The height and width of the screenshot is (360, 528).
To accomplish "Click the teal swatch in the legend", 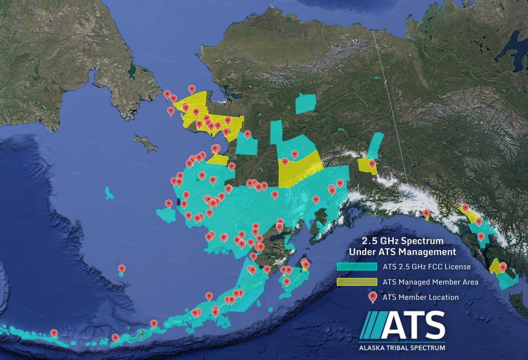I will pos(356,267).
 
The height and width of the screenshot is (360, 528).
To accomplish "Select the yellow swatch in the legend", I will pos(356,282).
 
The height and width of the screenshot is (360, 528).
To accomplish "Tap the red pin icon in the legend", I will pos(372,297).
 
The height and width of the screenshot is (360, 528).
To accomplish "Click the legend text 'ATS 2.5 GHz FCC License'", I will pos(427,267).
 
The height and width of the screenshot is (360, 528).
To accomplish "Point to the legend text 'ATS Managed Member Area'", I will pos(430,282).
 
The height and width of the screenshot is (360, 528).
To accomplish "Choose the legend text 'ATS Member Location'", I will pos(420,297).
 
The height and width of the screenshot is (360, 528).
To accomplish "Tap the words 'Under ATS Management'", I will pos(402,251).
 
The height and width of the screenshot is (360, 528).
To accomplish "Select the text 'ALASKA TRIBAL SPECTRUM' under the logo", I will pos(402,348).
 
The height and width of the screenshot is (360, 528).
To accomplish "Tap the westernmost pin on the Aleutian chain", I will pos(54,333).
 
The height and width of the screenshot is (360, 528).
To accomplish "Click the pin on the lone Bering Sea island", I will pos(121,269).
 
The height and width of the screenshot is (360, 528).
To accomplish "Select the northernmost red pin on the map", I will pos(192,89).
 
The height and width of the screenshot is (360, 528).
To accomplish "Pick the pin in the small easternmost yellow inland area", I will pos(372,163).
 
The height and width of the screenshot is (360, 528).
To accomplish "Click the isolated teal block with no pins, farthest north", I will pos(306,104).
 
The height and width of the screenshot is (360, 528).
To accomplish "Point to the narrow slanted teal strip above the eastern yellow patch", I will pos(376,145).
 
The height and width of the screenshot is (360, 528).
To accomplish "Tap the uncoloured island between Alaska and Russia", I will pos(145,143).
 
